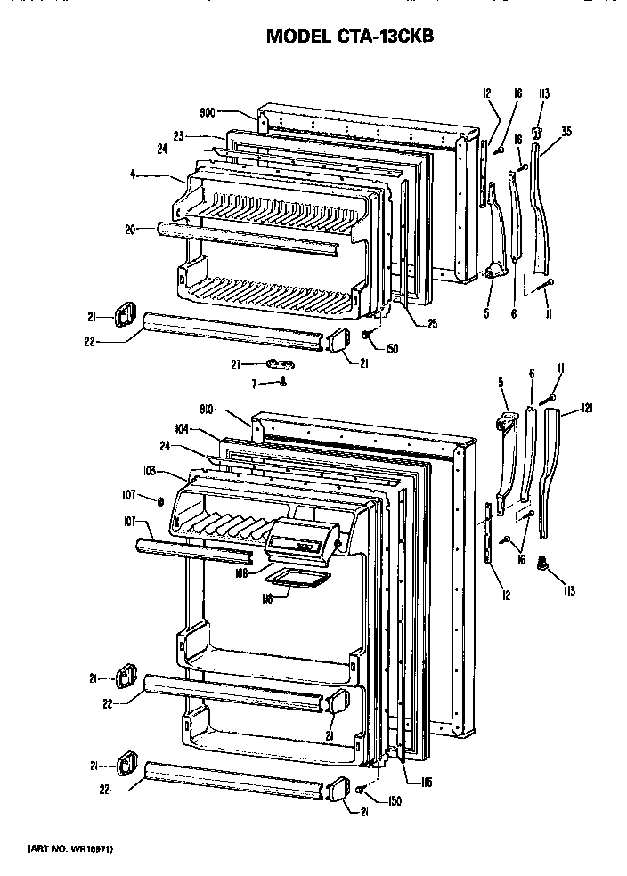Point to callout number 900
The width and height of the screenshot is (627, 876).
coord(207,112)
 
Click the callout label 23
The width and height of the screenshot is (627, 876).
coord(177,136)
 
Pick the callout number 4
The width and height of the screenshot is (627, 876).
coord(132,175)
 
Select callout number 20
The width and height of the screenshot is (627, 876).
coord(131,230)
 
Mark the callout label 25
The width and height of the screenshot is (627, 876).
coord(432,324)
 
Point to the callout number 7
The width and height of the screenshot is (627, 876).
coord(255,383)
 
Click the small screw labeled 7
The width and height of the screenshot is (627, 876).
coord(282,383)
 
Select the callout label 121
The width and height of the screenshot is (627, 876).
coord(587,408)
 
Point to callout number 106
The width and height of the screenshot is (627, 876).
coord(241,572)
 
